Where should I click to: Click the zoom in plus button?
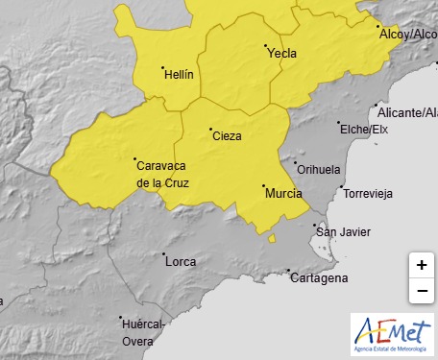pos(422,265)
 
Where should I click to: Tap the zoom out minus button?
pos(422,290)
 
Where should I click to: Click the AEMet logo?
pos(392,335)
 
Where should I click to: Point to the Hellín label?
pos(179,74)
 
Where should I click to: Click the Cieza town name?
pos(226,136)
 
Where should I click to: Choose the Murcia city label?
pos(282,193)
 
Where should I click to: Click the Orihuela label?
pos(319,170)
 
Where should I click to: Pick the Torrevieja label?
pos(369,193)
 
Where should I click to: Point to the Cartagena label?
pos(318,278)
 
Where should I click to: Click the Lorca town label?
pos(181,261)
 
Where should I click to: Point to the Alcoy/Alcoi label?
pos(409,35)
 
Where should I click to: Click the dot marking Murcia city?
pos(263,186)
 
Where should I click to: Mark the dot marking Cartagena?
pos(291,272)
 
